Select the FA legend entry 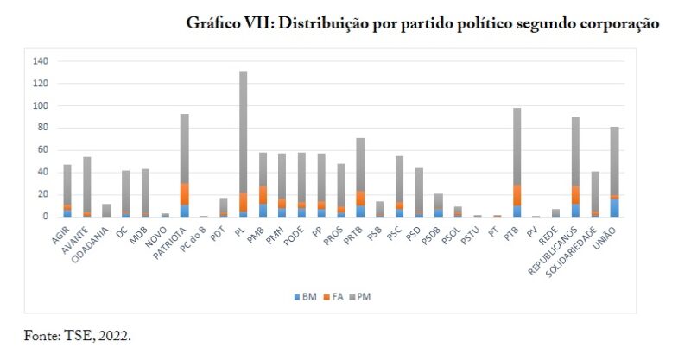click(338, 296)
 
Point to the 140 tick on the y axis click(41, 62)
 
